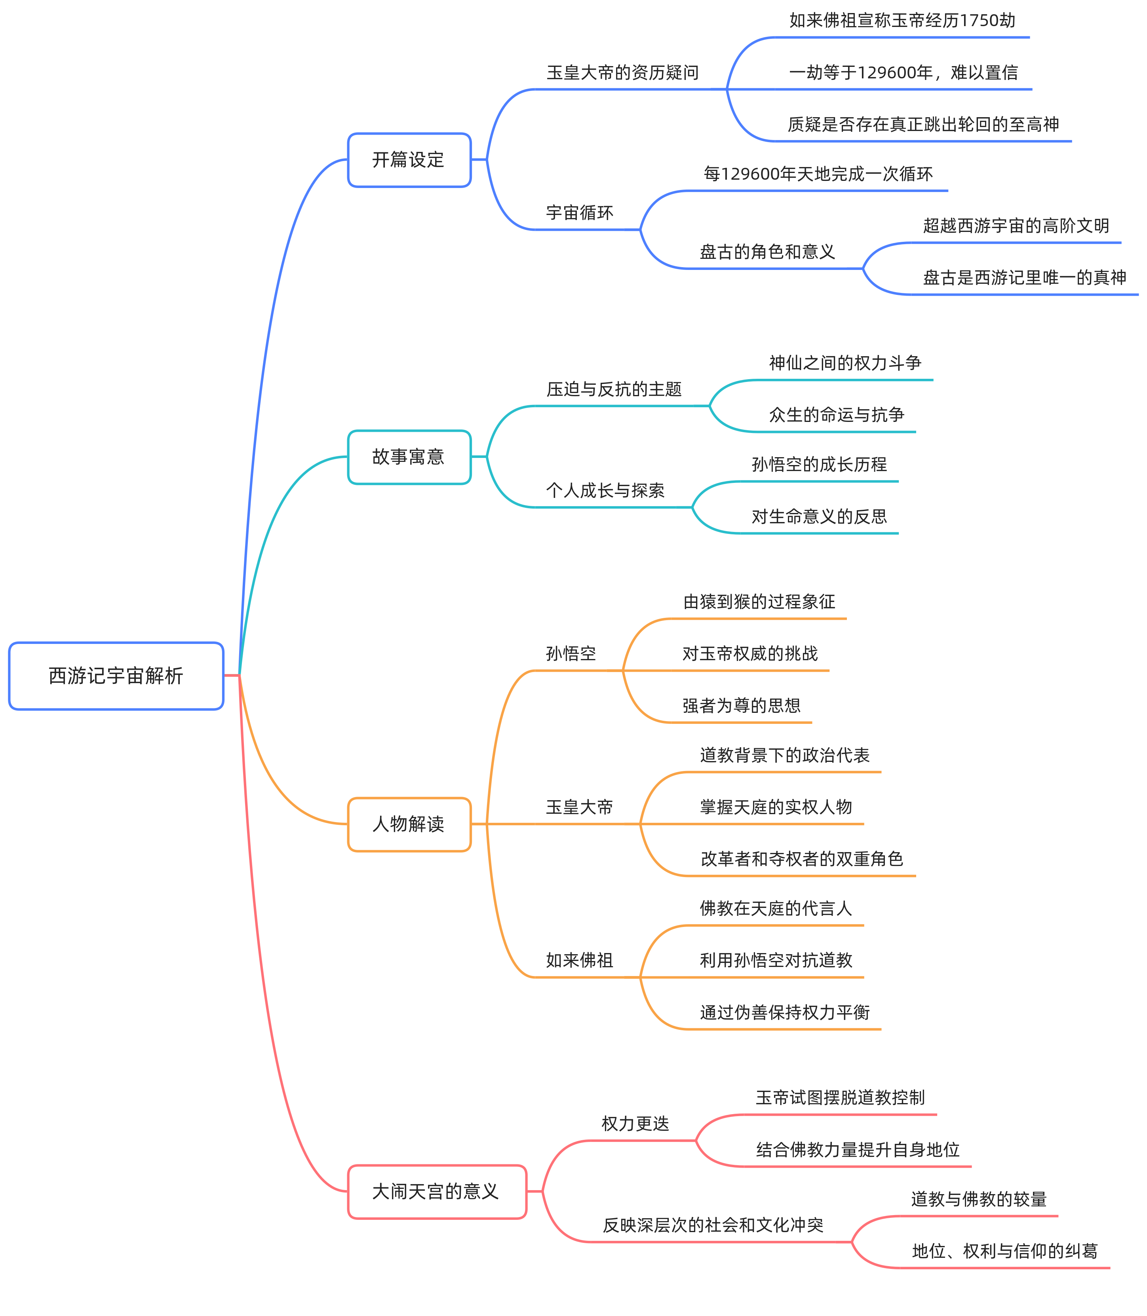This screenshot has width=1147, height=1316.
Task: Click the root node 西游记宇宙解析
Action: [x=116, y=676]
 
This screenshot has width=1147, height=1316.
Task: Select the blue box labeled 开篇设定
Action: [x=409, y=160]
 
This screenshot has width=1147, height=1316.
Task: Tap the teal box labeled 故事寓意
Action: [x=409, y=457]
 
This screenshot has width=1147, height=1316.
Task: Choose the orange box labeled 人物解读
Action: [x=409, y=824]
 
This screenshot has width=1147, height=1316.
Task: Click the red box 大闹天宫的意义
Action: [x=437, y=1191]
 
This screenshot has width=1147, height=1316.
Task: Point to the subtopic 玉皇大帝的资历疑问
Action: [x=622, y=73]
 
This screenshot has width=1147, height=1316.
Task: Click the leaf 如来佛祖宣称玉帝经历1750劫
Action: [x=902, y=21]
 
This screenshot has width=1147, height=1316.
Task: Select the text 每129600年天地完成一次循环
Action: [x=818, y=174]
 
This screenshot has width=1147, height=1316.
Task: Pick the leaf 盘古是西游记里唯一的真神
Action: [x=1024, y=278]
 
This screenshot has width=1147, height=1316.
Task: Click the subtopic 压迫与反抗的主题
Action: [x=614, y=389]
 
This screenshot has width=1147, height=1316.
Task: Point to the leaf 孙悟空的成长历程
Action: [x=819, y=465]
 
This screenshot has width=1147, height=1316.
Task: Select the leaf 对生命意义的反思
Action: [x=819, y=516]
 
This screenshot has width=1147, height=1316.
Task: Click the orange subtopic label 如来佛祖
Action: [x=579, y=960]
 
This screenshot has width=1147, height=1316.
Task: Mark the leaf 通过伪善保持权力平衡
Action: [x=785, y=1012]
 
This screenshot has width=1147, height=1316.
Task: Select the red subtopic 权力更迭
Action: [x=635, y=1123]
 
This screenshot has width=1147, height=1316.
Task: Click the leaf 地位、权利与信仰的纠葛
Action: [x=1004, y=1251]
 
